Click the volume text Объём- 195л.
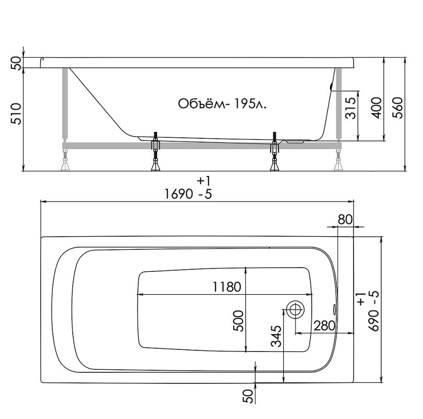coord(222,104)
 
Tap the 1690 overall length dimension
coord(178,194)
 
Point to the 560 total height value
coord(397,107)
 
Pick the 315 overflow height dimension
coord(351,108)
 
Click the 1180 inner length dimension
coord(226,286)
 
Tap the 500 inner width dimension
coord(238,321)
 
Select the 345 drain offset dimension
coord(276,336)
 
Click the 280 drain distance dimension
coord(324,326)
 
